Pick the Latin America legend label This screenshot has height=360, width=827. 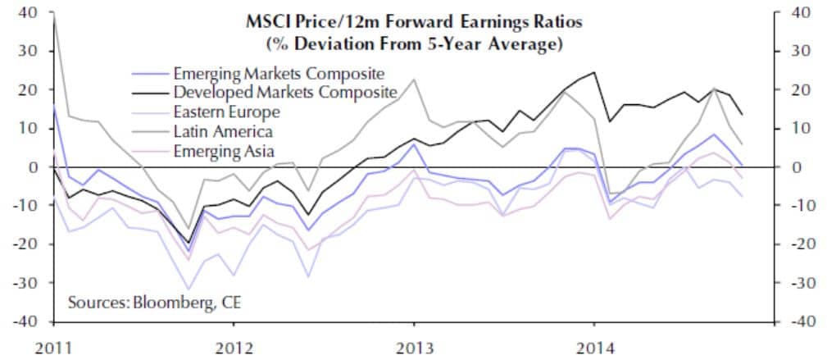tap(221, 130)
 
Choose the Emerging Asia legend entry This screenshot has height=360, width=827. tap(224, 149)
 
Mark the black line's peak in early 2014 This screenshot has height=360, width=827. tap(593, 72)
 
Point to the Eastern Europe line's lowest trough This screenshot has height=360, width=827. tap(189, 289)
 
